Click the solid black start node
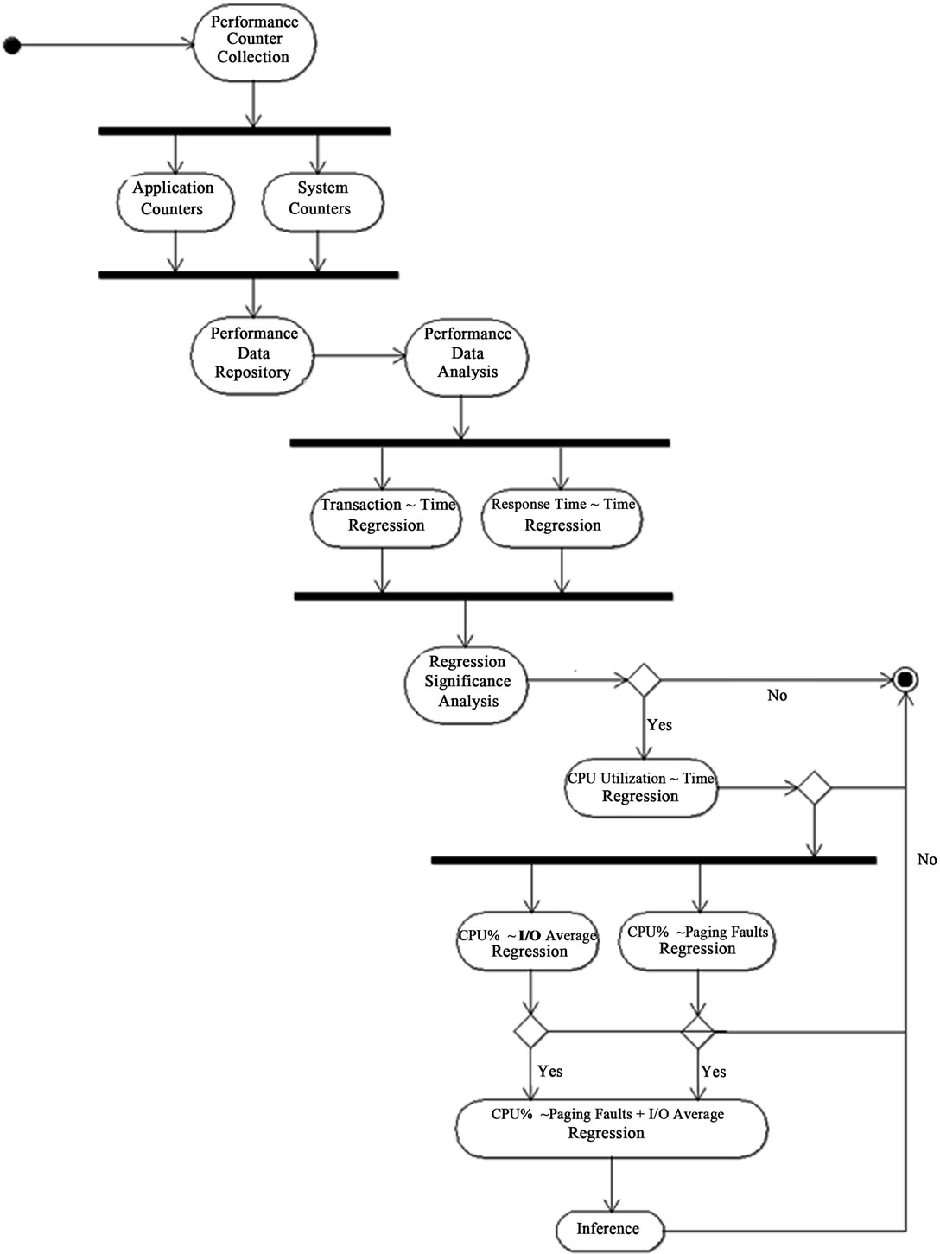click(12, 45)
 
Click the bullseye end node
click(905, 679)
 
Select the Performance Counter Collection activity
click(253, 41)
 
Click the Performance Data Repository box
click(252, 354)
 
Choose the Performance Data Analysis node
click(467, 354)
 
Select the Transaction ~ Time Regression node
click(386, 517)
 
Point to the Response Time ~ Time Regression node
click(562, 517)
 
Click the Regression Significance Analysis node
click(467, 682)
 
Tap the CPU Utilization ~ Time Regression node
click(641, 788)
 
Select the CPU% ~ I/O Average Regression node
click(529, 945)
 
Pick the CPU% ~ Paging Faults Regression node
click(696, 942)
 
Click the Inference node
click(608, 1229)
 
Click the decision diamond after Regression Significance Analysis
click(644, 680)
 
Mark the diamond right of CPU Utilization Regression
click(813, 788)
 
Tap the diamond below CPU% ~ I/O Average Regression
click(530, 1031)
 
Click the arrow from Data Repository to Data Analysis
click(359, 354)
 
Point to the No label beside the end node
click(777, 696)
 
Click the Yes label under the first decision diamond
click(659, 725)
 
